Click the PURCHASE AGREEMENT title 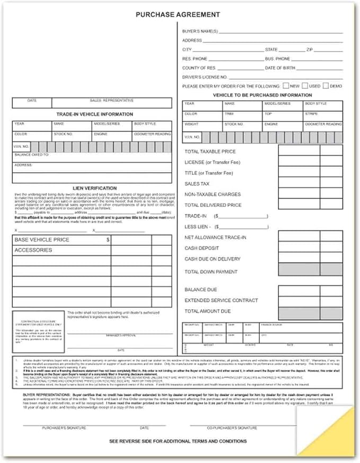(x=178, y=15)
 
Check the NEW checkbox (x=286, y=85)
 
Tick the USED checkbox (x=306, y=85)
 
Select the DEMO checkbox (x=326, y=85)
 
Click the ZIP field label (x=310, y=50)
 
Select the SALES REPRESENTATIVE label (x=111, y=100)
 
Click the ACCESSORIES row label (x=33, y=250)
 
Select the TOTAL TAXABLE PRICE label (x=210, y=152)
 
